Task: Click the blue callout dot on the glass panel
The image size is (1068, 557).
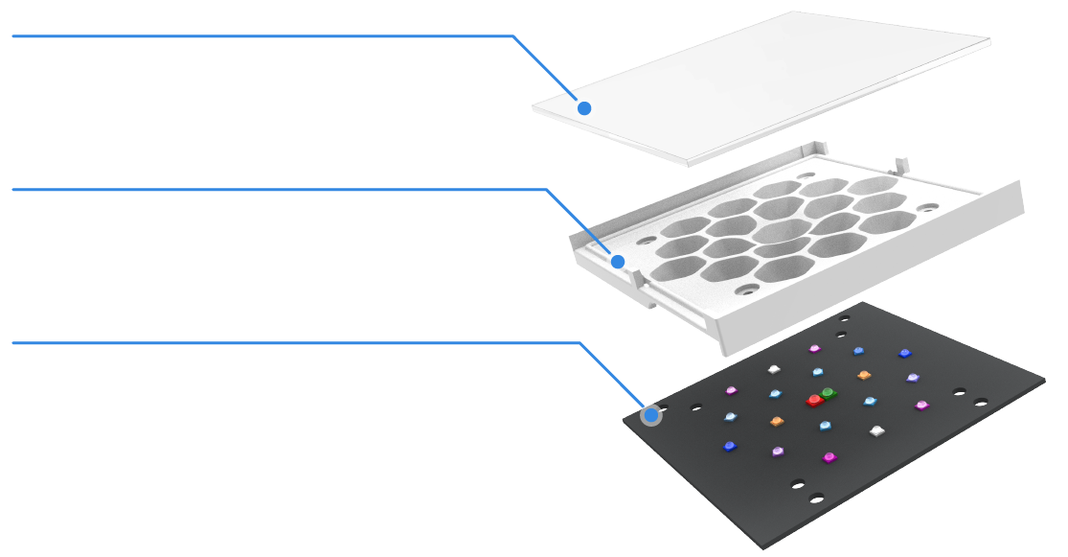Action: [x=584, y=108]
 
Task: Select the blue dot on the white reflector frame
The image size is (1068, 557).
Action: [x=618, y=261]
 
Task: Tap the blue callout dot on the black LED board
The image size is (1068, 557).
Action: [x=651, y=415]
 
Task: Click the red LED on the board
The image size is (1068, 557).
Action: [x=814, y=399]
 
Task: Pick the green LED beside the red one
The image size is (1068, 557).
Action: [x=828, y=392]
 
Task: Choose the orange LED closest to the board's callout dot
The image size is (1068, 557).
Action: [x=776, y=421]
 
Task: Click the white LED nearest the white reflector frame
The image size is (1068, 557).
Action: [x=774, y=369]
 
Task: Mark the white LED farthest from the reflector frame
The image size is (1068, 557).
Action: [x=875, y=430]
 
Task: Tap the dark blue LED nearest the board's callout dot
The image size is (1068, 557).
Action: [x=730, y=446]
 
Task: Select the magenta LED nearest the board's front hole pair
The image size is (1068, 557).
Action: [x=829, y=457]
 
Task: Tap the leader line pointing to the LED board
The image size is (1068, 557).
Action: [x=287, y=342]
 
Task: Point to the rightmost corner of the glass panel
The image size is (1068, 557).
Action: [x=988, y=41]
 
